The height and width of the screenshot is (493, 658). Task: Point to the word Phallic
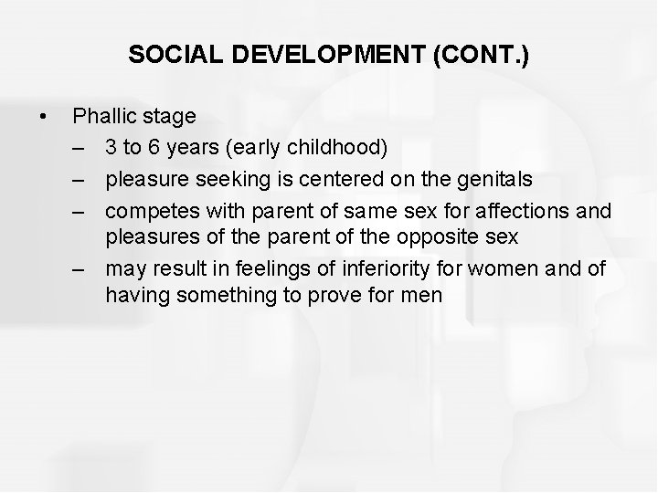[102, 117]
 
